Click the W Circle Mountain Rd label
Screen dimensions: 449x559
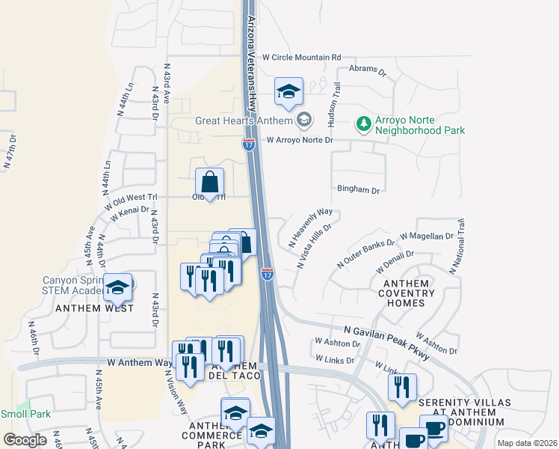[301, 57]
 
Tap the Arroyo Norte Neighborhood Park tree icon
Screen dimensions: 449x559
[363, 123]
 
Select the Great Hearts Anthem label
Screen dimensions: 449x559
[244, 120]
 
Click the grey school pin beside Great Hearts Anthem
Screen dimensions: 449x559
[304, 120]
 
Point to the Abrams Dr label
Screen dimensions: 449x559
[372, 73]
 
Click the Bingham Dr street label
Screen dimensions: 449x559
[359, 190]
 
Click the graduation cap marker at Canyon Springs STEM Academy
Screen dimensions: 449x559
[117, 287]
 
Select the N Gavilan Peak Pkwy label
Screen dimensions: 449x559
[386, 340]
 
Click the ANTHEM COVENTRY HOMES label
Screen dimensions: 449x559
[407, 293]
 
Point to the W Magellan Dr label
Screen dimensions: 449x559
[427, 236]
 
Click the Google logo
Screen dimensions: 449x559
[25, 440]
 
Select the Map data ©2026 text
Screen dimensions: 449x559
[527, 443]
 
